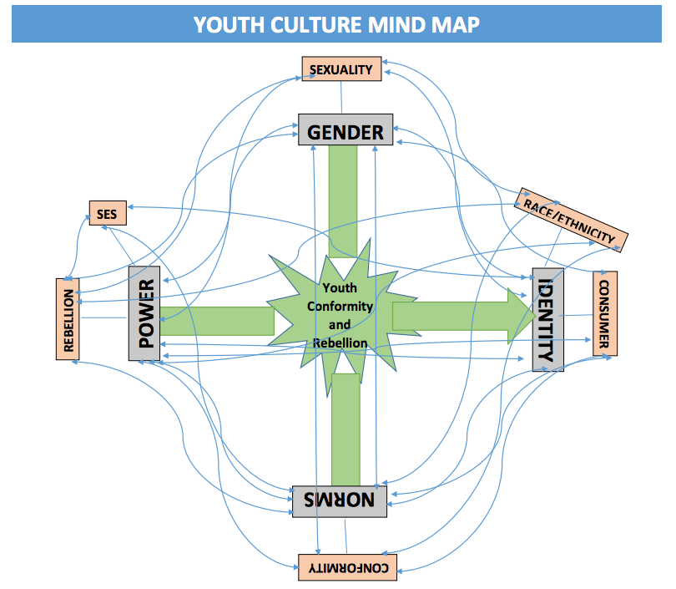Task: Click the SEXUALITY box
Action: [x=341, y=69]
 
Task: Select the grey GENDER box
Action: [x=346, y=130]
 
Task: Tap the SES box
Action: [x=107, y=214]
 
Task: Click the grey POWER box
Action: [x=144, y=313]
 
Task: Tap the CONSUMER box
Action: [x=605, y=313]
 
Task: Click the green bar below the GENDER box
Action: [x=343, y=201]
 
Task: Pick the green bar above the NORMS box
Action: [x=345, y=430]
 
